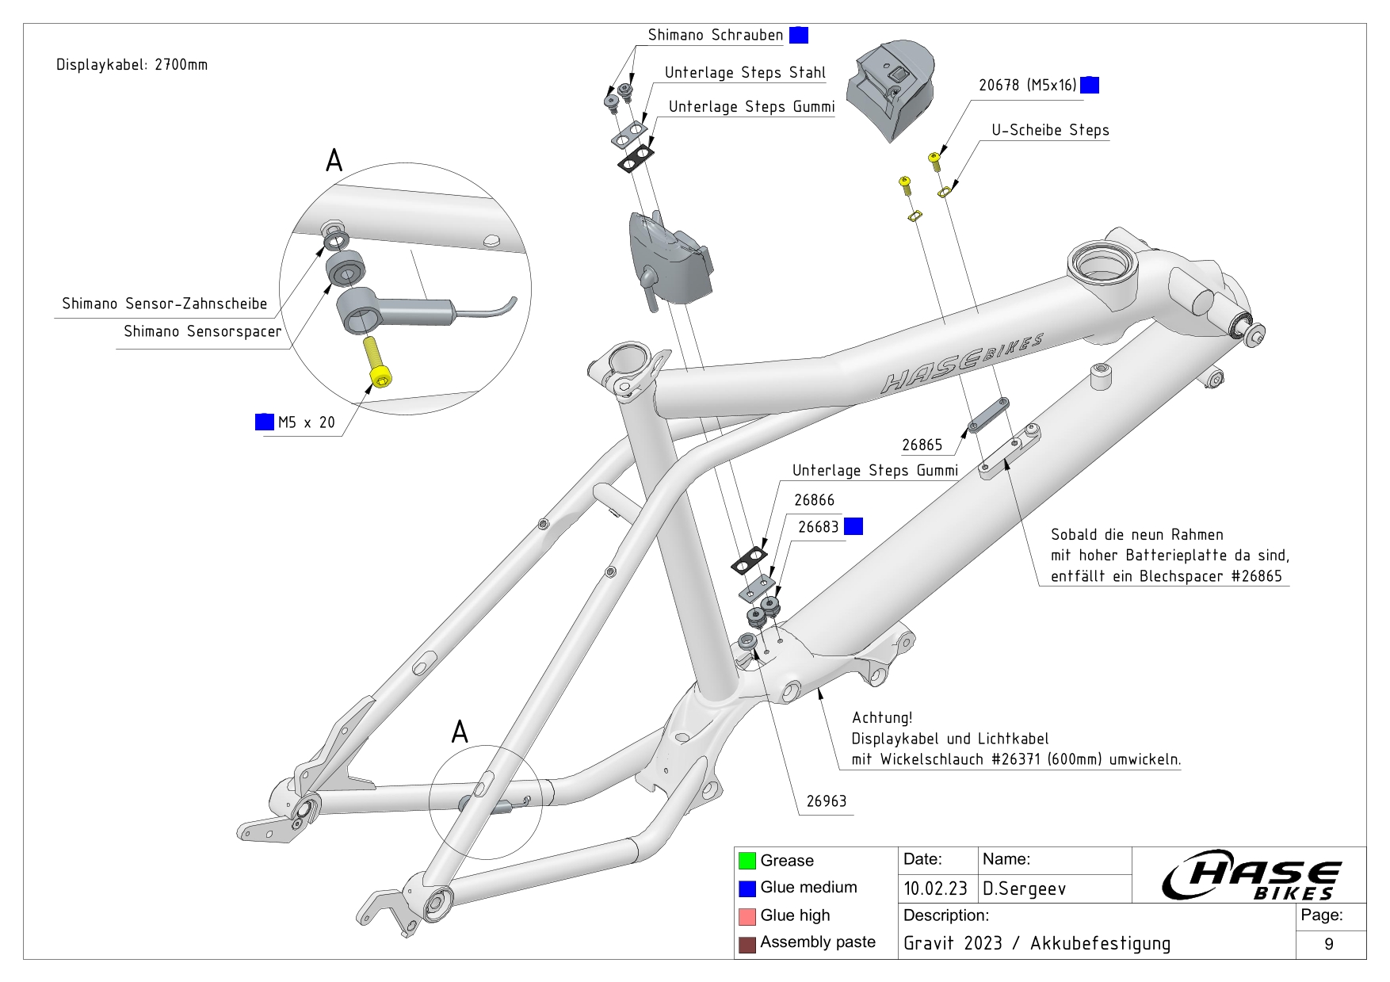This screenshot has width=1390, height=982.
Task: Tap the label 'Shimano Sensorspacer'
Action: tap(202, 332)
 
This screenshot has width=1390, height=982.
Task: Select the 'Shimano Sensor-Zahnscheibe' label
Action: tap(164, 304)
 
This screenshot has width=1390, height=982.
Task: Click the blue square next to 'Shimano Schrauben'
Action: tap(799, 35)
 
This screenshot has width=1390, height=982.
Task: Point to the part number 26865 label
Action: tap(922, 445)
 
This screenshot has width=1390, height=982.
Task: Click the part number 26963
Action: tap(826, 801)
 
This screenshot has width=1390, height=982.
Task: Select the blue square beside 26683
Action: tap(853, 526)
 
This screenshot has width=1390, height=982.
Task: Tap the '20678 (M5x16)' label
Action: tap(1027, 86)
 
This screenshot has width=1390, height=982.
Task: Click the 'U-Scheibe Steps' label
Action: tap(1050, 131)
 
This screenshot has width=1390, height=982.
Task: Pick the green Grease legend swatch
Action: tap(747, 861)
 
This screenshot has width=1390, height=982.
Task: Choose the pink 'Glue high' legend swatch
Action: tap(747, 916)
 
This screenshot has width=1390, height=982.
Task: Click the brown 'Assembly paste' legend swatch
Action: tap(747, 944)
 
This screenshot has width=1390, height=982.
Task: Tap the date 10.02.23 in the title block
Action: tap(935, 888)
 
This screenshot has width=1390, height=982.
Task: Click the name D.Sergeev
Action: tap(1024, 889)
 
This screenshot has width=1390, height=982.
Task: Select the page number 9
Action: tap(1328, 944)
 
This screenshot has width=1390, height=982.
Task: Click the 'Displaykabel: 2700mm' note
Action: tap(132, 65)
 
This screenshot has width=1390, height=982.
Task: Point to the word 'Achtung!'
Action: tap(882, 718)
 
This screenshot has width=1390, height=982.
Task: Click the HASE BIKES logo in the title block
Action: tap(1252, 875)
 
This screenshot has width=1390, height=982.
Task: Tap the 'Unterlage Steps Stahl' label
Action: tap(745, 73)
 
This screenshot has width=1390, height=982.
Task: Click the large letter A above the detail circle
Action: tap(334, 161)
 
